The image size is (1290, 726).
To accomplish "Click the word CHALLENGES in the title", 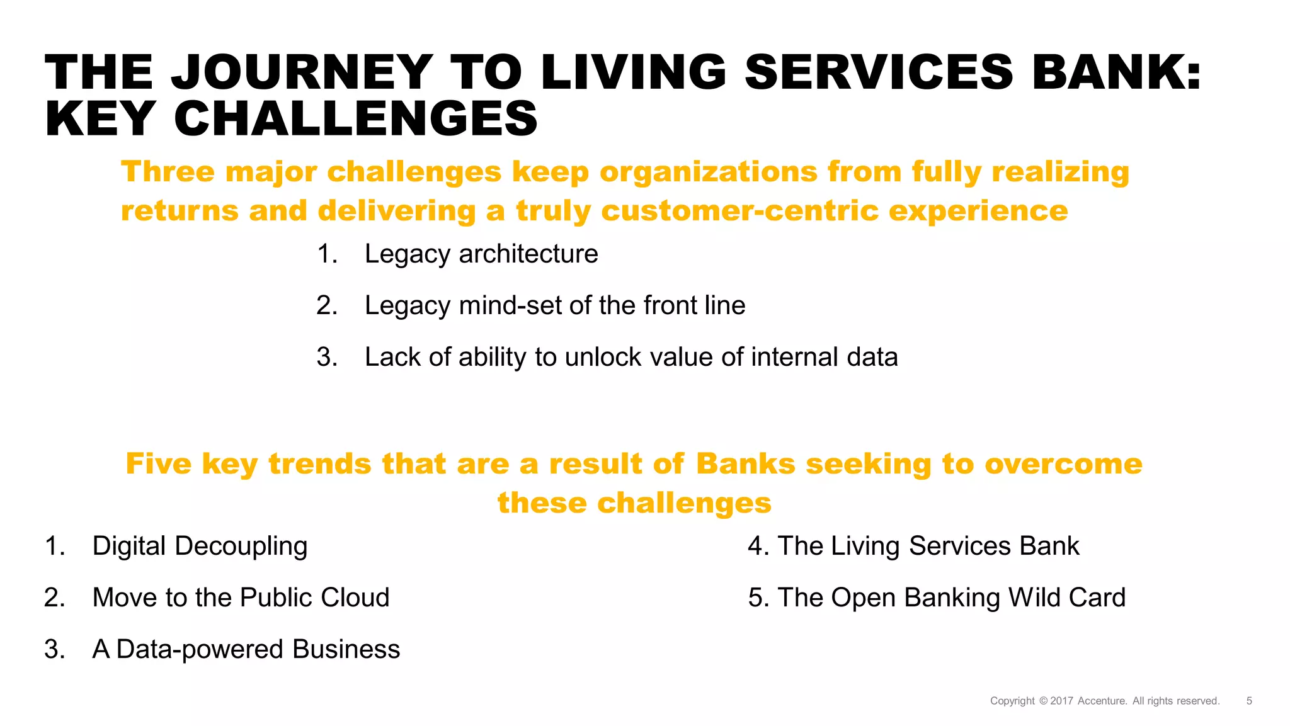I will coord(356,119).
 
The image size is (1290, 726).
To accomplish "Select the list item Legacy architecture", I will coord(481,254).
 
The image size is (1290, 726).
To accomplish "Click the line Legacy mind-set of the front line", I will coord(554,305).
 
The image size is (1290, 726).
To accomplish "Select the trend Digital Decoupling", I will coord(200,546).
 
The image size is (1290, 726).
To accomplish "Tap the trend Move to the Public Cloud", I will coord(241,598).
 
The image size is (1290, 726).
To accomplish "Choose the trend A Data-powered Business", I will coord(246,649).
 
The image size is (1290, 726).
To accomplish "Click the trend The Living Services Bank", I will coord(928,546).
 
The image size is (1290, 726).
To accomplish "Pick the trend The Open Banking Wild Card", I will coord(951,598).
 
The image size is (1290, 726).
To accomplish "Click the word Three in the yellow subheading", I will coord(168,172).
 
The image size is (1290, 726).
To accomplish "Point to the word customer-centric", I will coord(739,211).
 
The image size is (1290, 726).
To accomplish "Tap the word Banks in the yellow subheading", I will coord(746,464).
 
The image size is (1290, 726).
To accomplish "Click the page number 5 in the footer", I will coord(1249,701).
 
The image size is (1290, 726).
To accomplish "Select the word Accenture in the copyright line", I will coord(1102,701).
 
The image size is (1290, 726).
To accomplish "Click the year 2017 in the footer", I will coord(1061,701).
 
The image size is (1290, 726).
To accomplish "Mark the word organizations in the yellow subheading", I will coord(708,172).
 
